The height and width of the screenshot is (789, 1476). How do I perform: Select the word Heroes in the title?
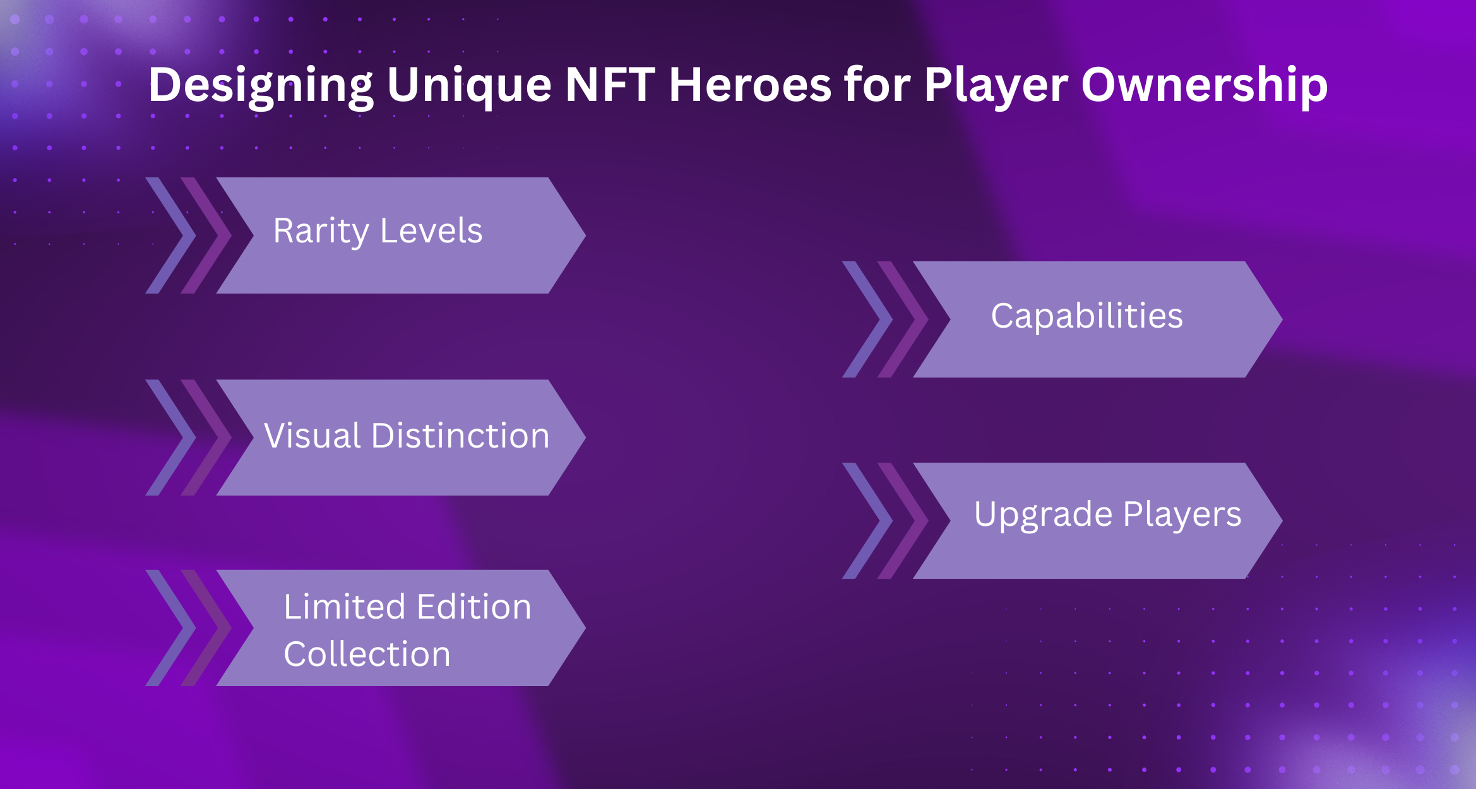(x=750, y=85)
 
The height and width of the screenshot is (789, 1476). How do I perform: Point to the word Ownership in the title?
(x=1205, y=85)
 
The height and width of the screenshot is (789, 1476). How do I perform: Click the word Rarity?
(x=321, y=232)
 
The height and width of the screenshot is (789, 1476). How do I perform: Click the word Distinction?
(x=461, y=436)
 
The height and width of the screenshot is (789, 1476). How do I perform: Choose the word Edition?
(x=474, y=607)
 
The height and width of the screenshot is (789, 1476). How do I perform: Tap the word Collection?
(x=367, y=654)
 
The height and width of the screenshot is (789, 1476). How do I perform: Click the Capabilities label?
(x=1087, y=316)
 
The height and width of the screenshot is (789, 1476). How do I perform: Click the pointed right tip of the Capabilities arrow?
(x=1282, y=319)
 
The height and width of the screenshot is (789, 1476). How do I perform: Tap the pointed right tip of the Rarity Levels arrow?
(x=585, y=235)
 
